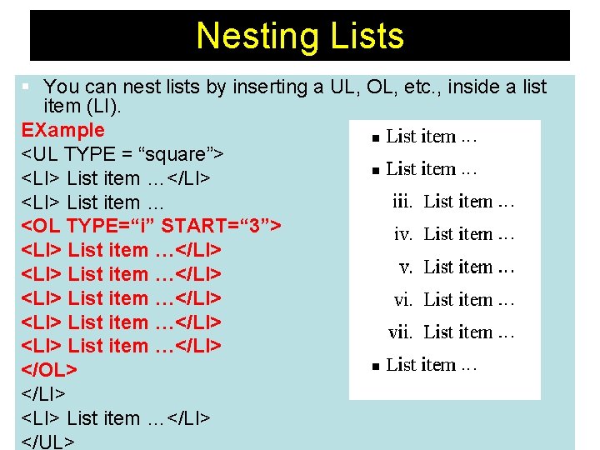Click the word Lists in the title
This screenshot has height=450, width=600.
(367, 37)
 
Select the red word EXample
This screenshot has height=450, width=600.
(63, 130)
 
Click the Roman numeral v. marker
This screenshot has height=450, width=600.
(407, 267)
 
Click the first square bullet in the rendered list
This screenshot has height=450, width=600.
(375, 137)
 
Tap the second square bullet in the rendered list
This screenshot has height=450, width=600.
(375, 170)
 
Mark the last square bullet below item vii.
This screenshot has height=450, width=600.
(375, 366)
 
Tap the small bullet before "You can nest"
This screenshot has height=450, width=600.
(27, 87)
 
